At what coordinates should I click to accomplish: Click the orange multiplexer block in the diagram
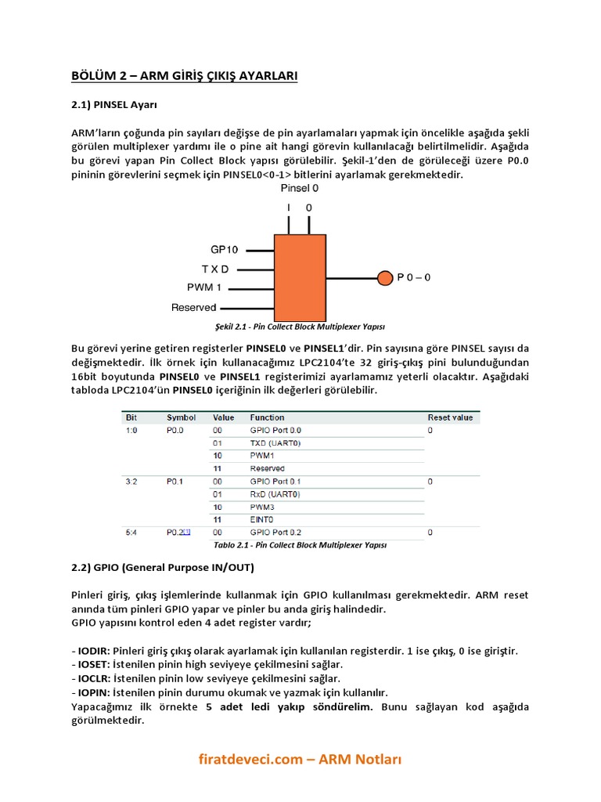coord(298,276)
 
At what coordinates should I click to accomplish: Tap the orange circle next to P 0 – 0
coord(384,277)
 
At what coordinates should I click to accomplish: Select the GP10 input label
coord(225,250)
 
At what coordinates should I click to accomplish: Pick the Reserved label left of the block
coord(193,307)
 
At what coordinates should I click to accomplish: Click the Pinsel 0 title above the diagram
coord(299,188)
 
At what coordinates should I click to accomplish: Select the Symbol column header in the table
coord(180,417)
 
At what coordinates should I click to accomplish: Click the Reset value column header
coord(450,417)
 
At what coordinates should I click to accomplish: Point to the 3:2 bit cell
coord(131,481)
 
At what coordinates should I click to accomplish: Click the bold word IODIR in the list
coord(94,651)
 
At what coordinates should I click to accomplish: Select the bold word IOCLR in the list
coord(95,678)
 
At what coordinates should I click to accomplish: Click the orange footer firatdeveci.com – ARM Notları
coord(300,759)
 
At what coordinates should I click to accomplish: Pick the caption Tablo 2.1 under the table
coord(300,544)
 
